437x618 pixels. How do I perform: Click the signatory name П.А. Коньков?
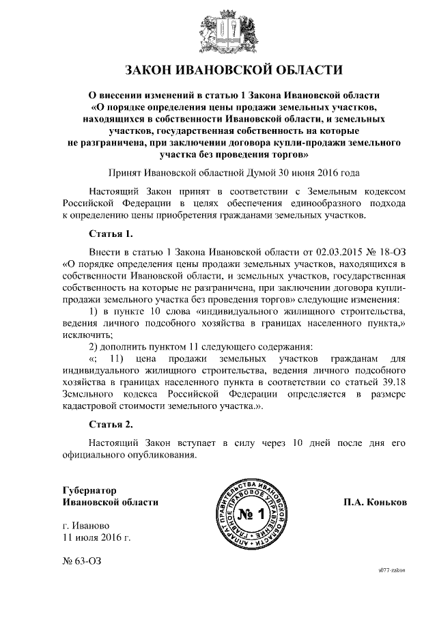click(376, 502)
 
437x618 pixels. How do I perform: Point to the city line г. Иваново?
click(85, 526)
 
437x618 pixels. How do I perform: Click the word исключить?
click(87, 335)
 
